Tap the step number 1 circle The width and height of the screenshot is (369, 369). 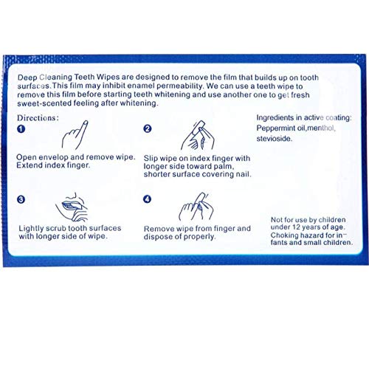coord(21,129)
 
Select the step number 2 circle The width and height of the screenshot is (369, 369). coord(148,128)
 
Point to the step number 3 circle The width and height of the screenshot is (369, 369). coord(21,199)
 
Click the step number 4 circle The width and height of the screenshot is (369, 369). coord(148,199)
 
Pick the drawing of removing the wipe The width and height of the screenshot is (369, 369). coord(196,207)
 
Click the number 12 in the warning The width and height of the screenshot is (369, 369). coord(302,227)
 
